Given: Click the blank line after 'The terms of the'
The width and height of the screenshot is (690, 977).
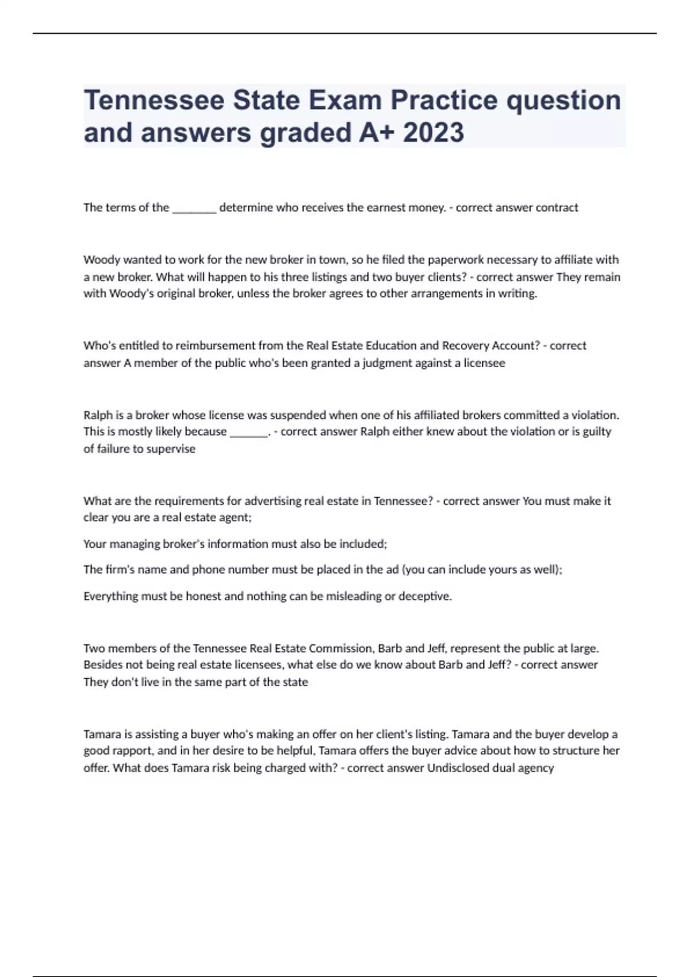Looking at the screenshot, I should (194, 209).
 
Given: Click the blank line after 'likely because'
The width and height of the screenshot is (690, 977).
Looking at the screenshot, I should (248, 433).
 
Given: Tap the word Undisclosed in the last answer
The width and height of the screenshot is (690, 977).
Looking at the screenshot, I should (458, 768).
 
